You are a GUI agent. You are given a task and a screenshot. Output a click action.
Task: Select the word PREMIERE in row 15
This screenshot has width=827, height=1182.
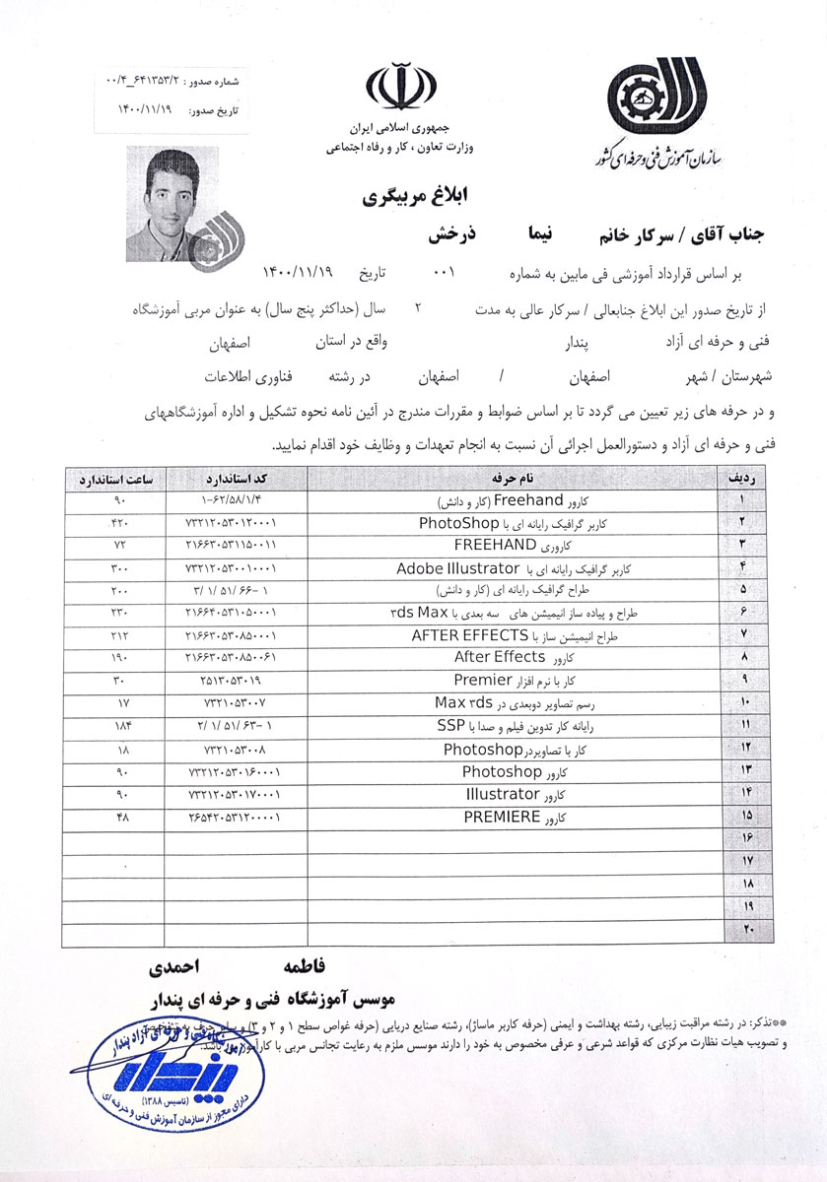(x=502, y=818)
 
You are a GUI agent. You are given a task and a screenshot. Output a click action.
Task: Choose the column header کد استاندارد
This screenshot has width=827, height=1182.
(x=231, y=478)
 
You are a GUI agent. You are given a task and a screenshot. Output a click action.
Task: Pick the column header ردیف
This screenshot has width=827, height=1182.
(x=740, y=478)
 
